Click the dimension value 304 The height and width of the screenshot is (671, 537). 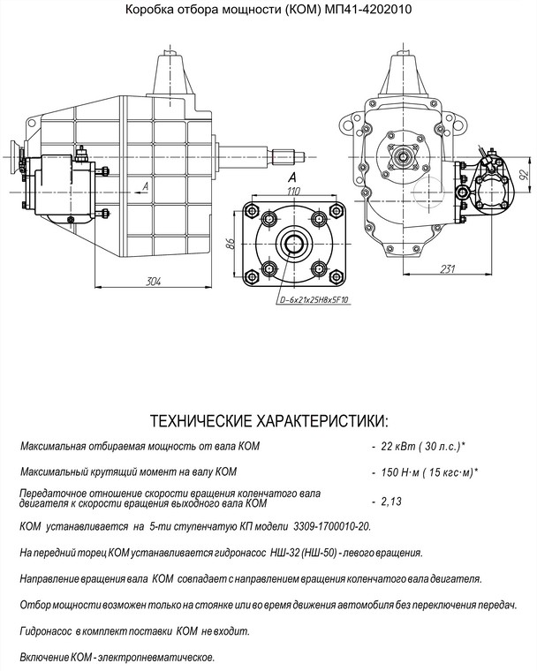coord(153,281)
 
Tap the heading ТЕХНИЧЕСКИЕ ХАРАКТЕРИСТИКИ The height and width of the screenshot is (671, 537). coord(269,418)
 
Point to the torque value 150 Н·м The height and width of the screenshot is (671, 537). coord(403,472)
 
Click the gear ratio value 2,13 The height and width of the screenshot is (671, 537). coord(390,501)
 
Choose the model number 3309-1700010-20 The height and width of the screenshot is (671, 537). coord(329,527)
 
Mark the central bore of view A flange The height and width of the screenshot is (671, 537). coord(293,243)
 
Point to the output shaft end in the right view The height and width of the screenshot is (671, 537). coord(405,159)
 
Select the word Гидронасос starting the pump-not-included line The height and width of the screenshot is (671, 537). coord(45,632)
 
